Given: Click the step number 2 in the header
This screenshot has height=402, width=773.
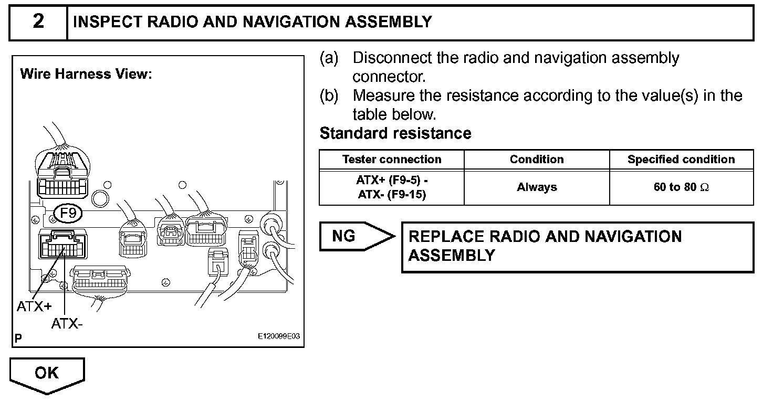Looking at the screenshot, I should click(x=38, y=22).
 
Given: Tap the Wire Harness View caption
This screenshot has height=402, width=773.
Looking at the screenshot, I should click(x=86, y=74).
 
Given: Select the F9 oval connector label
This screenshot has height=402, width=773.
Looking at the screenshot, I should click(x=68, y=214).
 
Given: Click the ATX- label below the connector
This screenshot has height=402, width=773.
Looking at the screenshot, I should click(x=67, y=324).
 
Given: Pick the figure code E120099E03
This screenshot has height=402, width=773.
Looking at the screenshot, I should click(x=278, y=336).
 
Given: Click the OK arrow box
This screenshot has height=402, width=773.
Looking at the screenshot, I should click(x=47, y=373).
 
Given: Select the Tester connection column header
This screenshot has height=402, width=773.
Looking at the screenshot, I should click(x=392, y=160).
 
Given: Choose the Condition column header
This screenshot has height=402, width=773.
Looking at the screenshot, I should click(x=537, y=160).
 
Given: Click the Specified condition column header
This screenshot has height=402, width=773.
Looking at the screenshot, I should click(x=681, y=160).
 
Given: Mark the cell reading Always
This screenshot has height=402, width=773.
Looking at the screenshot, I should click(x=537, y=187).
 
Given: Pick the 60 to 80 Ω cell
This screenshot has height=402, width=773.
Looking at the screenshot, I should click(x=681, y=187).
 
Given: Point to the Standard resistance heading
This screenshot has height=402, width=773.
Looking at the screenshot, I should click(x=395, y=133).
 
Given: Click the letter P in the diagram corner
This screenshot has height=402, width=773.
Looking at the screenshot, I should click(x=18, y=339).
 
